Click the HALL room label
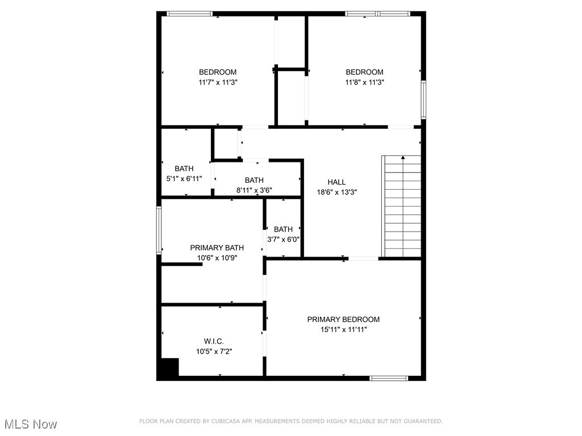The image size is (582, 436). click(336, 182)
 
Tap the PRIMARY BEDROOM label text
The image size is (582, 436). click(343, 320)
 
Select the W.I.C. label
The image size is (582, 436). click(214, 341)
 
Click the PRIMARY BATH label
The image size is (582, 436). click(217, 248)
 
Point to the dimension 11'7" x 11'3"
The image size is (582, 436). click(218, 82)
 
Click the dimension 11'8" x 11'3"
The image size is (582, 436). click(364, 82)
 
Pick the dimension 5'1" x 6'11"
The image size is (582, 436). click(184, 179)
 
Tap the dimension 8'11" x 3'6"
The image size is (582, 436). click(254, 190)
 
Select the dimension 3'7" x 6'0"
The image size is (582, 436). click(283, 239)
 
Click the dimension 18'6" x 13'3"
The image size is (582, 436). click(336, 192)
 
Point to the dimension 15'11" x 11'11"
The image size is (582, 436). click(343, 330)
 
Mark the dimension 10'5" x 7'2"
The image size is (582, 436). click(214, 351)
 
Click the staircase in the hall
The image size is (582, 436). click(402, 207)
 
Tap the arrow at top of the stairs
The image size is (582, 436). click(403, 157)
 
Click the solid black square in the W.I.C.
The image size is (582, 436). click(169, 368)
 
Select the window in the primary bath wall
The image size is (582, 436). click(159, 230)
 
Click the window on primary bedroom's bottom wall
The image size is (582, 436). click(389, 378)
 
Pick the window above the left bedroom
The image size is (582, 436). click(189, 14)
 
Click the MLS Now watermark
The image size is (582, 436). click(31, 424)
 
